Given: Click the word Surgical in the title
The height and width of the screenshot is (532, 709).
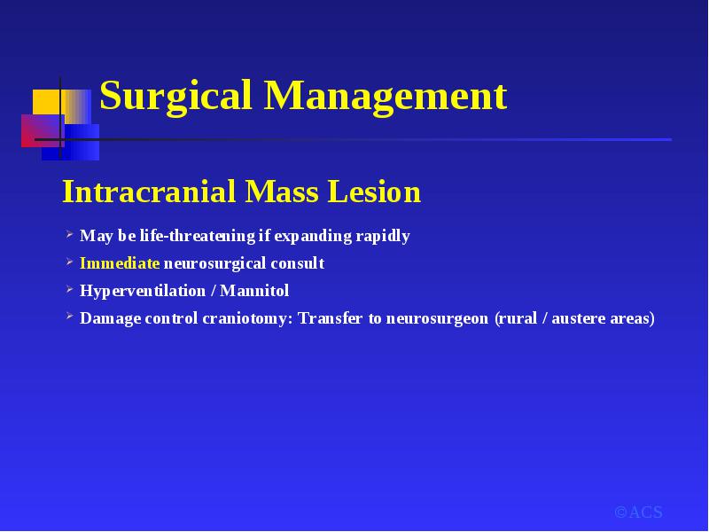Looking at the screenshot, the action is click(x=175, y=97).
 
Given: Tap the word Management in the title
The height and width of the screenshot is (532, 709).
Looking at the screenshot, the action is click(x=386, y=96).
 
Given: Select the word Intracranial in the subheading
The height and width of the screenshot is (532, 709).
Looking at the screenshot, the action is click(x=149, y=192).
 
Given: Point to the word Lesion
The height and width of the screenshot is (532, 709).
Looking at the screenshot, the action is click(x=374, y=192).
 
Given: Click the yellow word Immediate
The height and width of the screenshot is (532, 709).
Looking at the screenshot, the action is click(x=120, y=263).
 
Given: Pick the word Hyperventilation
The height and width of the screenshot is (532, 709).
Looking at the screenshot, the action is click(x=143, y=291).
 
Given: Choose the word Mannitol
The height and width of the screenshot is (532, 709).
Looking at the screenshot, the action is click(x=254, y=291).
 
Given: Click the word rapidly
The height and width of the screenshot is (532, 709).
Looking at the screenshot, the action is click(x=383, y=236).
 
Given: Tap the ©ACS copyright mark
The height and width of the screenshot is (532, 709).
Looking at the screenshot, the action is click(x=638, y=512).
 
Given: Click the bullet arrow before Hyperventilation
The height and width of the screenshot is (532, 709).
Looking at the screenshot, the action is click(x=69, y=289).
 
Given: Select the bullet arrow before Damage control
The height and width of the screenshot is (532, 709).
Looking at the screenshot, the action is click(x=69, y=317).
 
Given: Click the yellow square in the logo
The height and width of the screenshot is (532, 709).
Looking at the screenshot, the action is click(x=47, y=102).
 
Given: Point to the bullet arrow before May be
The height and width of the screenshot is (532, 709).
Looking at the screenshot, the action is click(x=69, y=234).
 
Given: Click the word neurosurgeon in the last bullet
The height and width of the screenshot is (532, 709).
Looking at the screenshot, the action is click(x=437, y=319).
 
